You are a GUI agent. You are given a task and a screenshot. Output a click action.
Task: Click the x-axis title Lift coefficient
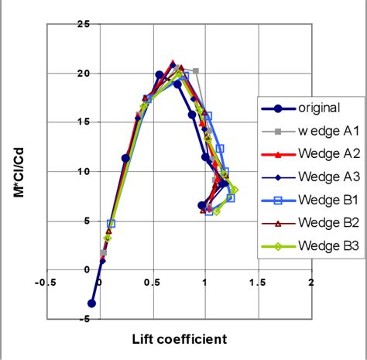[178, 339]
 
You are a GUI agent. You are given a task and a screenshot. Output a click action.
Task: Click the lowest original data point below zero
[92, 303]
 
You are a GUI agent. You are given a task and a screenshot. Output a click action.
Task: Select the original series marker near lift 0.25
[126, 158]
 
